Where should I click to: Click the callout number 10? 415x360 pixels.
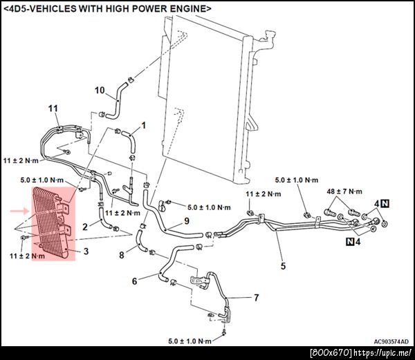click(100, 91)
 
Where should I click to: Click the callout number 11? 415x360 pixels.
click(53, 108)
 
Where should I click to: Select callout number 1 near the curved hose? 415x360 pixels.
click(144, 125)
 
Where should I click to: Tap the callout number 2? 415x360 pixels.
click(85, 227)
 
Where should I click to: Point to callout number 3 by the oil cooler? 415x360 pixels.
click(86, 251)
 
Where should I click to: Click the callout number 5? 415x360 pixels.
click(283, 266)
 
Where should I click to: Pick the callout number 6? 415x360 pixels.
click(134, 281)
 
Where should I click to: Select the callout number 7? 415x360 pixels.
click(256, 298)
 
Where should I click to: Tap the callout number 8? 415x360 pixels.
click(122, 255)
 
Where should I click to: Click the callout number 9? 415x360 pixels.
click(187, 220)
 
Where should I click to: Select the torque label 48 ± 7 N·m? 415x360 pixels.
click(344, 191)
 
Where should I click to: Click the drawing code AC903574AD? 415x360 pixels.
click(391, 341)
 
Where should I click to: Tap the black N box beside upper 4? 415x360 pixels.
click(385, 204)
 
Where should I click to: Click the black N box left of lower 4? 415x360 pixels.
click(350, 241)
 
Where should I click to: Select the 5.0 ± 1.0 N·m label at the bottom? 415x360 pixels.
click(190, 341)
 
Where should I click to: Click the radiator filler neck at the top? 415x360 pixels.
click(268, 38)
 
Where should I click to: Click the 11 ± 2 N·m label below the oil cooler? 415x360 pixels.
click(27, 256)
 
